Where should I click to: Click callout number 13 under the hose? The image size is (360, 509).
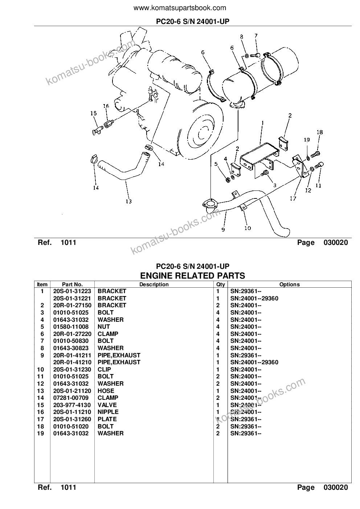click(x=128, y=201)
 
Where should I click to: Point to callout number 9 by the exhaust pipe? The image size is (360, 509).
click(x=223, y=230)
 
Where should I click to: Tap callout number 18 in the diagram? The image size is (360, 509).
click(x=320, y=132)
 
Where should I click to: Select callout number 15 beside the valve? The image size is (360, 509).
click(x=94, y=113)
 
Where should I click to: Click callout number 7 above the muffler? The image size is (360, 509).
click(x=256, y=36)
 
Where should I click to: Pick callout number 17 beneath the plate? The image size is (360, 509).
click(x=293, y=198)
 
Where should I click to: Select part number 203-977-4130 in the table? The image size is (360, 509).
click(x=72, y=405)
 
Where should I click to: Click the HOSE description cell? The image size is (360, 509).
click(x=106, y=391)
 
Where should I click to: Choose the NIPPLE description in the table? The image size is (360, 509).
click(x=108, y=412)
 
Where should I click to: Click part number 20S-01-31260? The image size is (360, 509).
click(x=72, y=419)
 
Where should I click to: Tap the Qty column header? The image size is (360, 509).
click(x=220, y=284)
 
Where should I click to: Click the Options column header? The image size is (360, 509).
click(x=290, y=284)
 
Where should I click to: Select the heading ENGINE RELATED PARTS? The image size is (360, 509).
click(x=193, y=276)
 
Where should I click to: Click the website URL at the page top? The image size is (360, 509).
click(x=180, y=8)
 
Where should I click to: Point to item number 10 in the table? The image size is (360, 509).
click(x=41, y=369)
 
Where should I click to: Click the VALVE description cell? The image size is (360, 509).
click(x=107, y=405)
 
